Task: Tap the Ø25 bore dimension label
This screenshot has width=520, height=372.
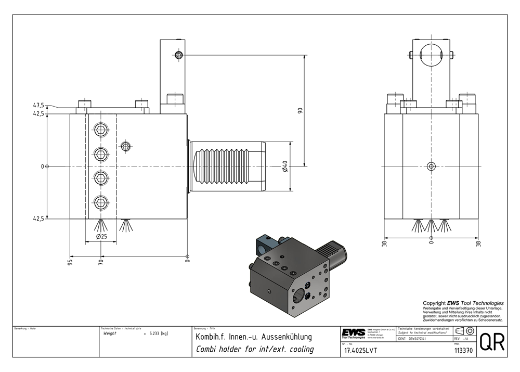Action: [101, 237]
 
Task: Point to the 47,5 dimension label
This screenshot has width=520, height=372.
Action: [38, 105]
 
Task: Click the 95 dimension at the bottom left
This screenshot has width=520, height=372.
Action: [70, 261]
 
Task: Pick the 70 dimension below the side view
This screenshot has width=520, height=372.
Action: [101, 261]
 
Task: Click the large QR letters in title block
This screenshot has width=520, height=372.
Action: [491, 342]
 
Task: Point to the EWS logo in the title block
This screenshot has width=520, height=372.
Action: [354, 333]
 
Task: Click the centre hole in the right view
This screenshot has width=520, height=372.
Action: [431, 166]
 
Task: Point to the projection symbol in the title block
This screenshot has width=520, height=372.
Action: [464, 331]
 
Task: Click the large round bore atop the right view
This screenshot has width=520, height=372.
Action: [431, 55]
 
